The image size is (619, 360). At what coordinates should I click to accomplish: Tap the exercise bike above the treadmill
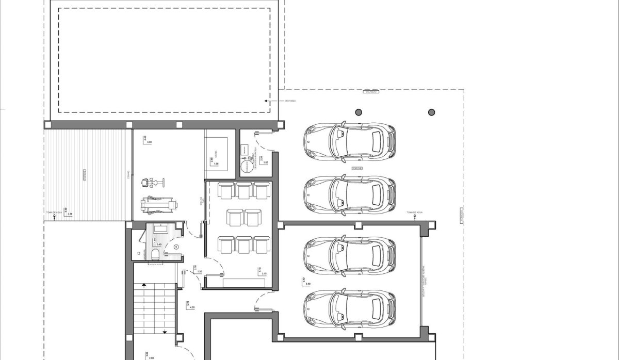pos(152,182)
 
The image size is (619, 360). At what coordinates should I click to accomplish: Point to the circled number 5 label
pos(176,247)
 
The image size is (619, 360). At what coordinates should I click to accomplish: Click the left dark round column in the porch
pos(357,112)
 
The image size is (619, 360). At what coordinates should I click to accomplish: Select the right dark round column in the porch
pos(431,112)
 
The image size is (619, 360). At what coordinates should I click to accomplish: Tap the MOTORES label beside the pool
pos(290,101)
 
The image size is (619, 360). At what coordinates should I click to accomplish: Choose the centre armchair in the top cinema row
pos(244,190)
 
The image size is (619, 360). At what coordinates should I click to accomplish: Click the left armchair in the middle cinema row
pos(236,218)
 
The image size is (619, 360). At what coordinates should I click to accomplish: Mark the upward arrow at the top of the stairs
pos(145,285)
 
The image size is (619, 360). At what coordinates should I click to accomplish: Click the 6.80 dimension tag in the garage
pos(307,284)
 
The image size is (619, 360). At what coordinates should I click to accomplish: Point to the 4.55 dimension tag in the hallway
pos(192,307)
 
